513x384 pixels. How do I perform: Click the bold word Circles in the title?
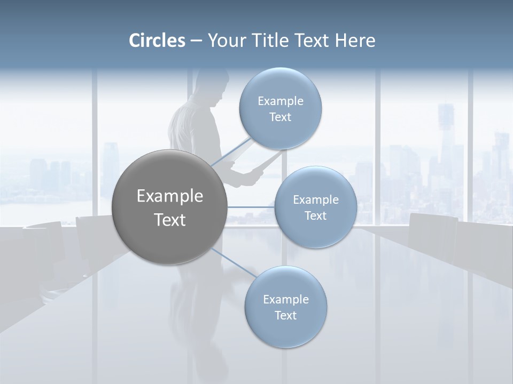(x=157, y=41)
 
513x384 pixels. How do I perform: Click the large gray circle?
(x=169, y=207)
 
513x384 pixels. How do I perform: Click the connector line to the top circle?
(x=230, y=153)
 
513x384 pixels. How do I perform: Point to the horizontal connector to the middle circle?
(x=251, y=207)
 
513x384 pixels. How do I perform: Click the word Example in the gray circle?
(x=169, y=196)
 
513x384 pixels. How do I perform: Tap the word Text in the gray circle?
(x=169, y=219)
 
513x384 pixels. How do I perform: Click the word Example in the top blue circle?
(x=280, y=101)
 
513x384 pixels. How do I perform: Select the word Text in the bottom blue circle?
(x=285, y=315)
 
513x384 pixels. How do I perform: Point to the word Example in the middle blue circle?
(x=315, y=199)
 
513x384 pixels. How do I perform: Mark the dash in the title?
(x=196, y=41)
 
